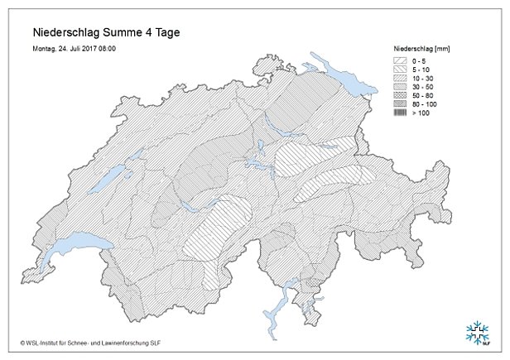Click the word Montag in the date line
pos(46,49)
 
